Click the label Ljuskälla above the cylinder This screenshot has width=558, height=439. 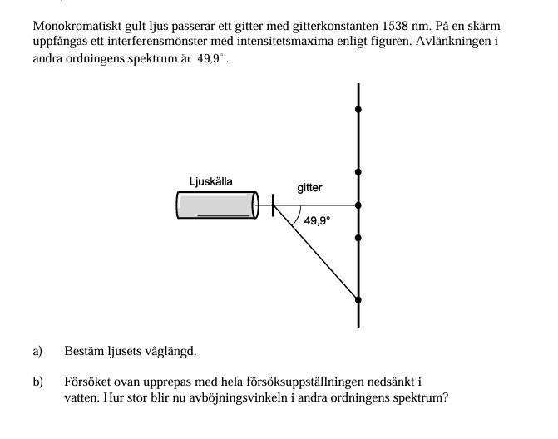click(210, 181)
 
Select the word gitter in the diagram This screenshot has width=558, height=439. click(309, 188)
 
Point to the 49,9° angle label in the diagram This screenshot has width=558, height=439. click(317, 221)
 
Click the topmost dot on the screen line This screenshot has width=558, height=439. click(358, 109)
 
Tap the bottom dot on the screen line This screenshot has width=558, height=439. click(358, 299)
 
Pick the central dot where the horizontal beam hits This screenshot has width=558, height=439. click(358, 205)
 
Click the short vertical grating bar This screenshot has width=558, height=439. click(274, 205)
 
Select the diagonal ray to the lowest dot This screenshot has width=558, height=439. click(316, 252)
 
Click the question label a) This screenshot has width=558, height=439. click(37, 351)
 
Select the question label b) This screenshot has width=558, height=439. click(37, 382)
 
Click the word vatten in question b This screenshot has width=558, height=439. click(81, 397)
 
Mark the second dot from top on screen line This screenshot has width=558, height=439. click(358, 172)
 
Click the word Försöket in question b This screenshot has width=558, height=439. click(86, 382)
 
